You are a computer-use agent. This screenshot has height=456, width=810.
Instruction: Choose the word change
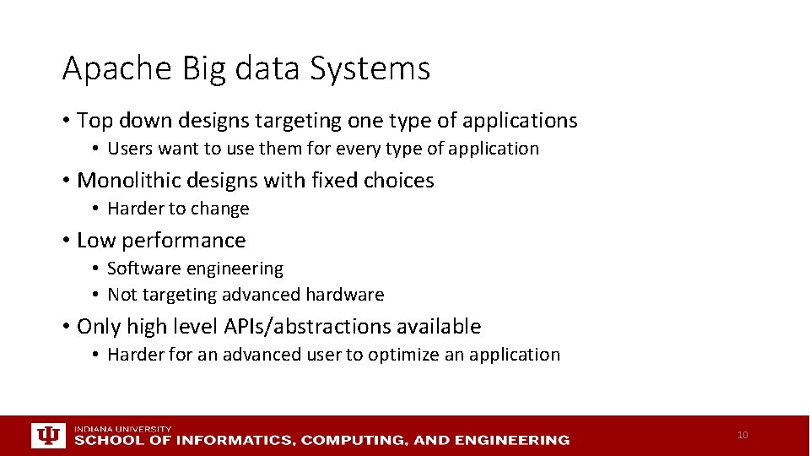221,209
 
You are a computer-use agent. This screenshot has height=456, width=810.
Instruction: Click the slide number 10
742,436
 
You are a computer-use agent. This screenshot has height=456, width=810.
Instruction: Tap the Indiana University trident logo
47,436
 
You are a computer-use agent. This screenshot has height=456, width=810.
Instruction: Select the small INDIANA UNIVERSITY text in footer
122,429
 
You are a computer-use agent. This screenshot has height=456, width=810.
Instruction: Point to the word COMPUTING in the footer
355,440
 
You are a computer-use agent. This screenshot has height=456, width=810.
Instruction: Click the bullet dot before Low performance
66,241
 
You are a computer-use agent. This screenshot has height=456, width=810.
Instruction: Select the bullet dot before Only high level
66,327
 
